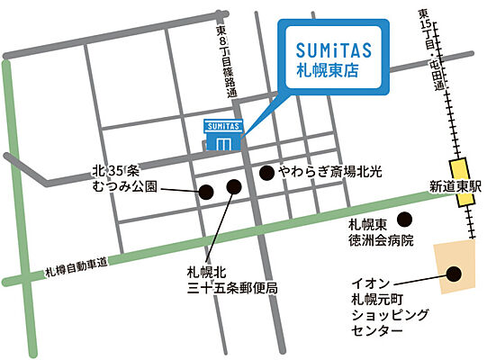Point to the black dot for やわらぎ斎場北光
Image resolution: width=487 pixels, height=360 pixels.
[x=266, y=171]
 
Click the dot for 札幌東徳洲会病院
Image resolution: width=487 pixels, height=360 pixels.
[x=404, y=219]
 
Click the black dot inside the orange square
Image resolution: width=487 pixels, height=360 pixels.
[x=454, y=274]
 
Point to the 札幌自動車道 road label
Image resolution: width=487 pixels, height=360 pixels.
[x=76, y=266]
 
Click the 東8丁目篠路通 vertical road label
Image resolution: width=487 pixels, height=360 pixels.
[x=221, y=59]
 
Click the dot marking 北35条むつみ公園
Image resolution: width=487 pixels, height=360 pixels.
[x=205, y=191]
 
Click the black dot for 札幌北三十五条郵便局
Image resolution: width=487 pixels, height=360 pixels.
[x=234, y=187]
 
